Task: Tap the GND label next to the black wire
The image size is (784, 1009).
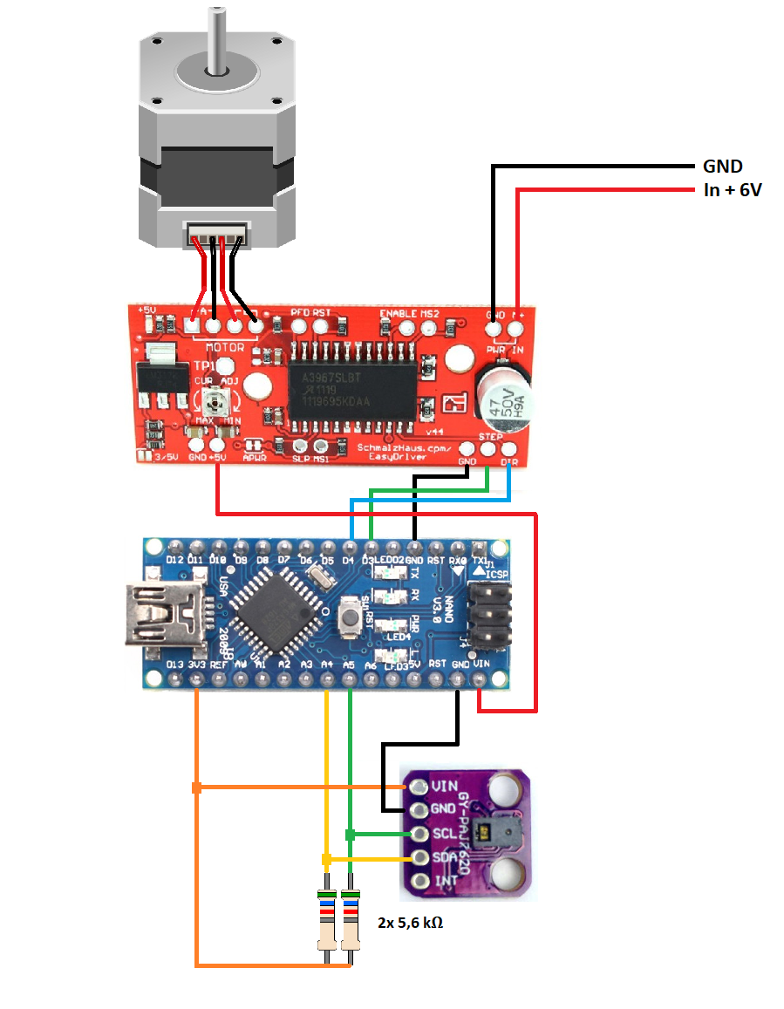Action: (722, 167)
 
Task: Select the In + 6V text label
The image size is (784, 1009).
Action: (733, 190)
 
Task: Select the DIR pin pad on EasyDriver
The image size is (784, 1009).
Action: (509, 449)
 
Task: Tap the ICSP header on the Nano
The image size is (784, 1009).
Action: (488, 616)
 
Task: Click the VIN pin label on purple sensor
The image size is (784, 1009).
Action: (443, 786)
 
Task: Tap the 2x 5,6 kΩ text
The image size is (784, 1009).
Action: (410, 922)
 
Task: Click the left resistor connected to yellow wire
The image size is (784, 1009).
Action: (327, 921)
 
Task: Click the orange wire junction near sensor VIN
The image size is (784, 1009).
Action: (197, 788)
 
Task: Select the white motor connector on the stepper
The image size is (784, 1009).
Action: (216, 233)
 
